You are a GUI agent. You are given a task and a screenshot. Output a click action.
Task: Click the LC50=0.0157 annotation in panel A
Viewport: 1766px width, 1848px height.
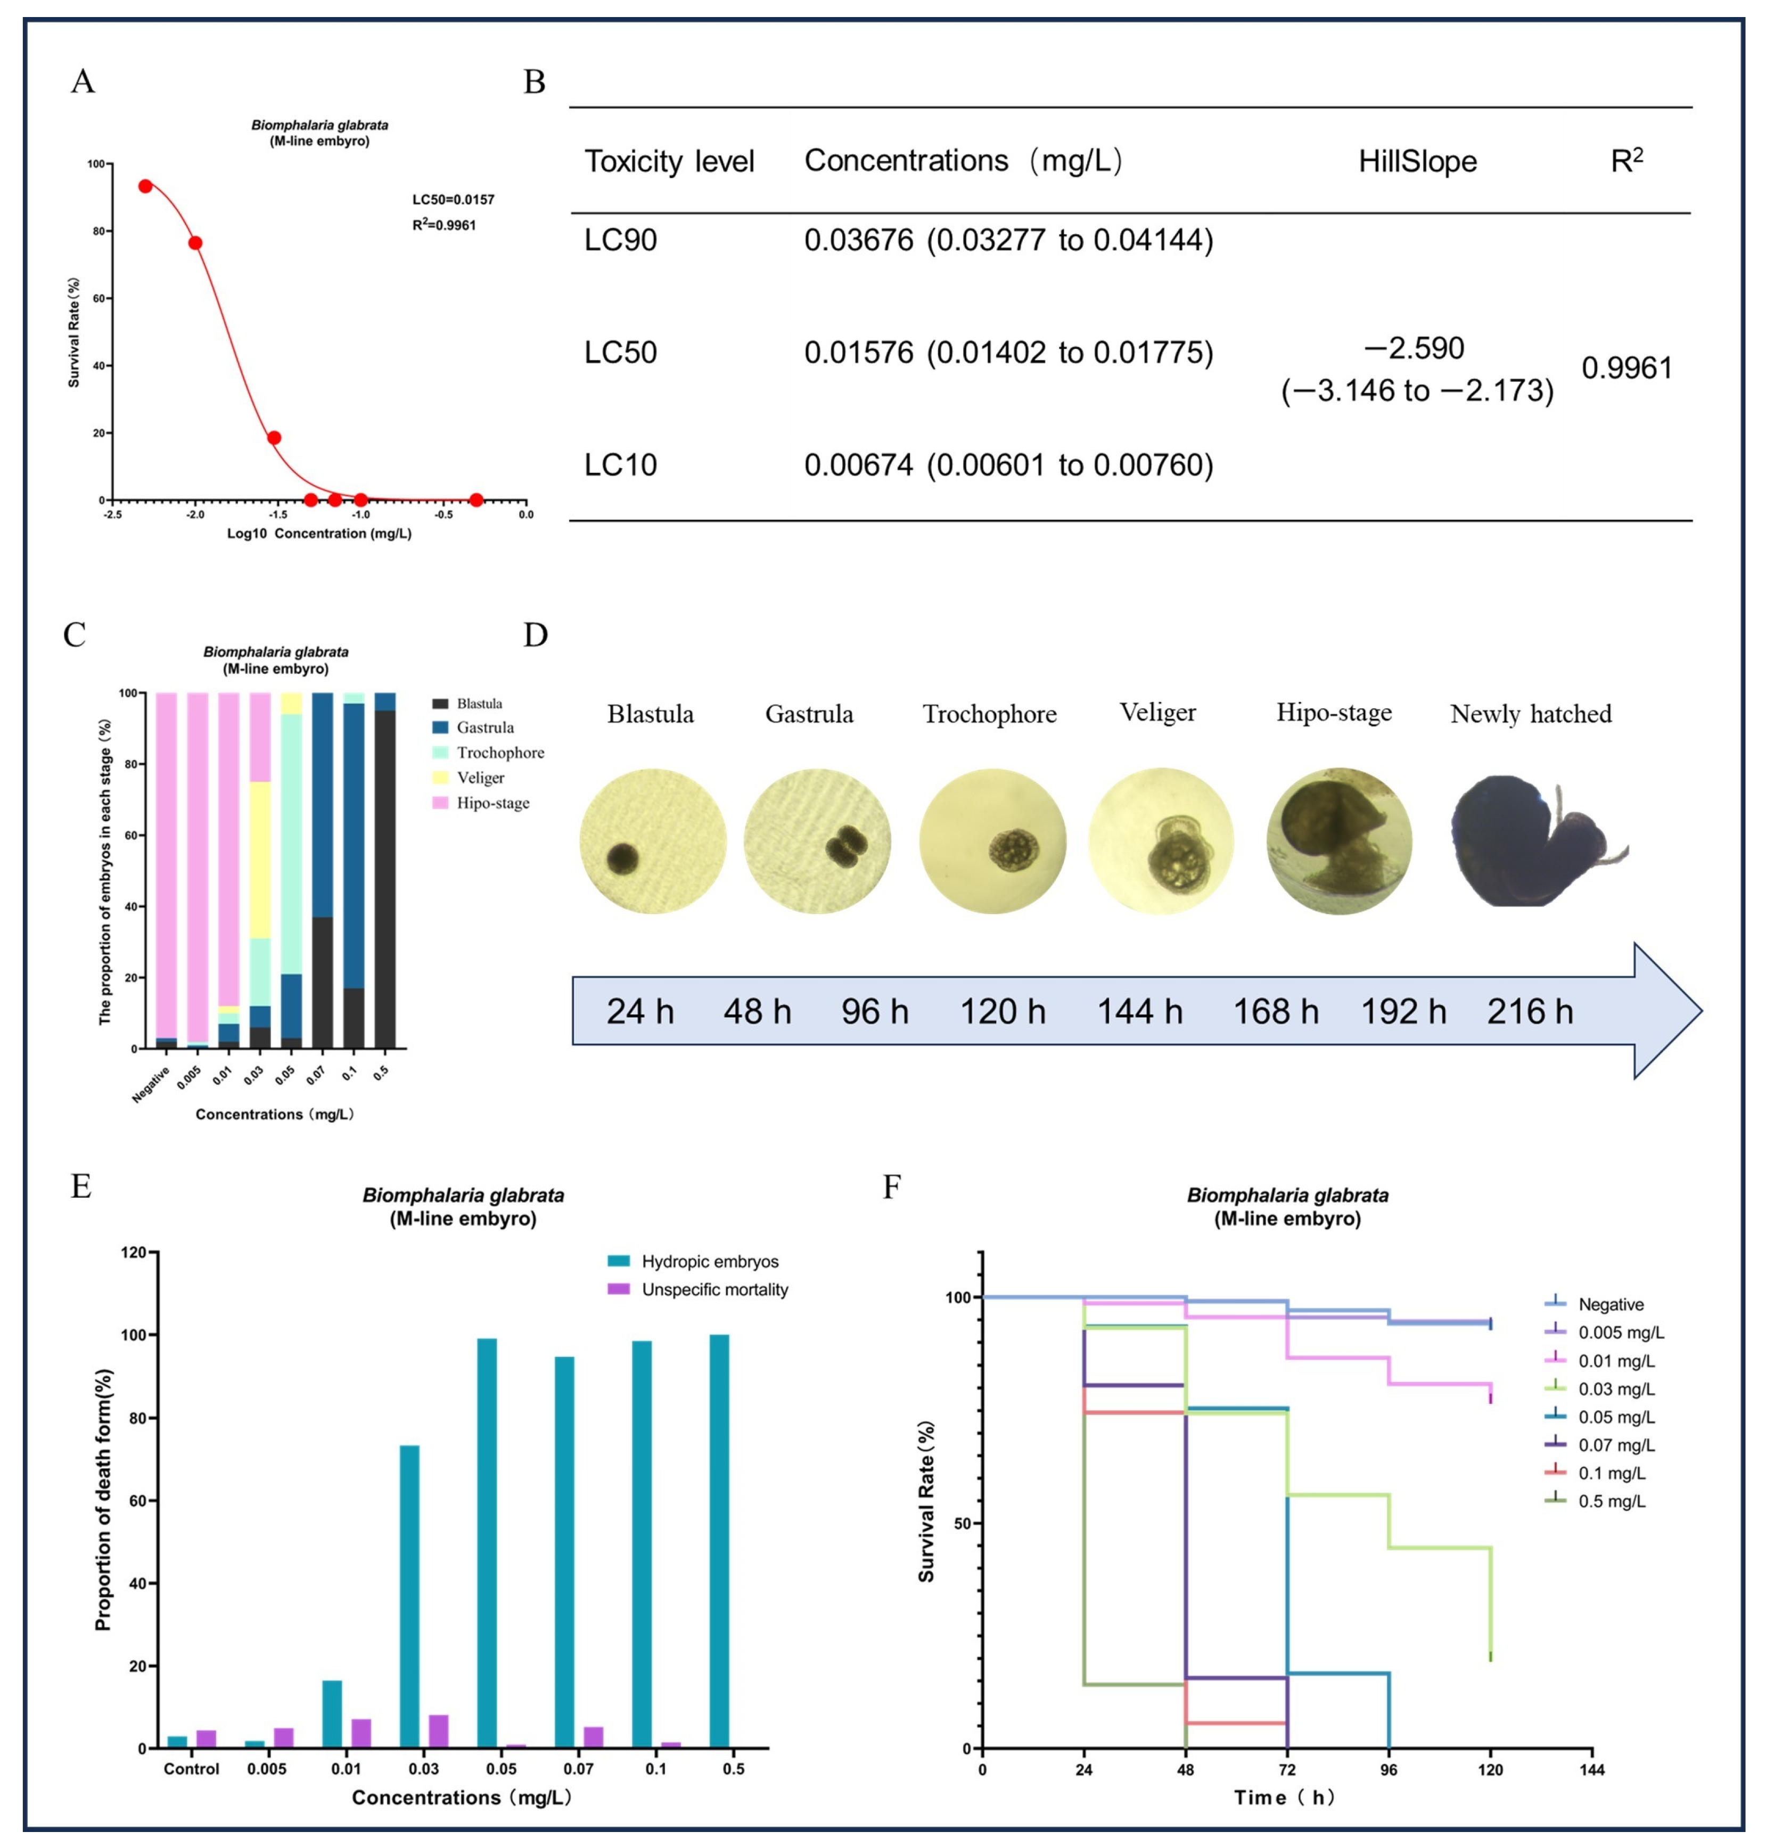click(453, 200)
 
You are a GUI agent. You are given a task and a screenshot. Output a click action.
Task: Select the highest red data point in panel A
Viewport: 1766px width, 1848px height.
click(145, 186)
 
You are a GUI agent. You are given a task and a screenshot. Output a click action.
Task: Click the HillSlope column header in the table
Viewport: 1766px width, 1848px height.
click(1417, 162)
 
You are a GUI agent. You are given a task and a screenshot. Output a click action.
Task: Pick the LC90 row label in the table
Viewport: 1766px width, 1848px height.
click(620, 240)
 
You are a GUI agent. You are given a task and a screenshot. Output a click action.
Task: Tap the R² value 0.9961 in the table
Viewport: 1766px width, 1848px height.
click(1626, 368)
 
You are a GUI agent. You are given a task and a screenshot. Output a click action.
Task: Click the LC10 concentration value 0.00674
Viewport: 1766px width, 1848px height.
click(858, 465)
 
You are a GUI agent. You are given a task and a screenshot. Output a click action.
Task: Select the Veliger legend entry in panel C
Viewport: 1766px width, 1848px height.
click(480, 778)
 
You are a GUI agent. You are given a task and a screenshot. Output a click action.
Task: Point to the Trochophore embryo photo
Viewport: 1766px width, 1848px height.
click(992, 841)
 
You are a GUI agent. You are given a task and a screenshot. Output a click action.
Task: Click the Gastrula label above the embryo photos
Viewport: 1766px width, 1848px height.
click(809, 715)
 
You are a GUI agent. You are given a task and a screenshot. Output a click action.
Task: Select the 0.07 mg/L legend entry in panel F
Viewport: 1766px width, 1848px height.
click(1615, 1445)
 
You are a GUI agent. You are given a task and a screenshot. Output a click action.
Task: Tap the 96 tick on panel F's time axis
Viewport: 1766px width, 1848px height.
click(1389, 1770)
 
